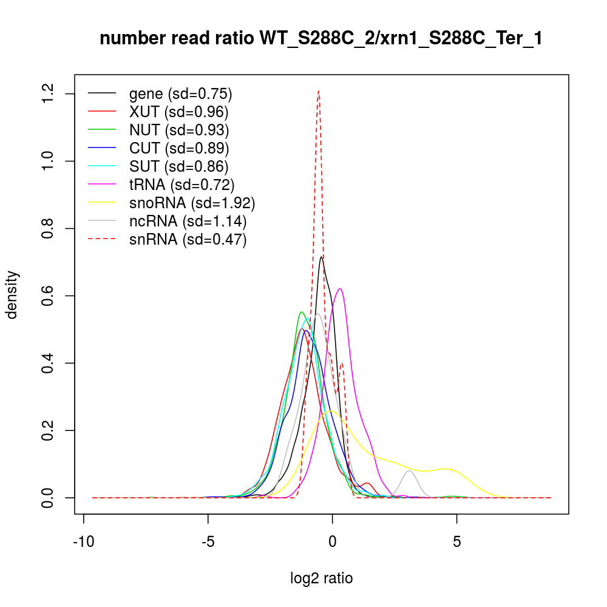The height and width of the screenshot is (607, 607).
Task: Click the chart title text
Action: (x=320, y=39)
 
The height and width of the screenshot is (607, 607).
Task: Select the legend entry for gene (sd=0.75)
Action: (x=181, y=94)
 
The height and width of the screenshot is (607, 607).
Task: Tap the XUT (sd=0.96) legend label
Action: (x=178, y=112)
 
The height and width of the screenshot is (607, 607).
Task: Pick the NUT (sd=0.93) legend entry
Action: (x=179, y=130)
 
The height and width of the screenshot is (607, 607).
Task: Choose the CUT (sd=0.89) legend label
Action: (x=179, y=148)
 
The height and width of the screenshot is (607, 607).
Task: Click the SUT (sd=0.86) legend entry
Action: (x=178, y=166)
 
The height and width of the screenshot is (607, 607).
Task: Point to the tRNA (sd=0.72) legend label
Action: (x=181, y=185)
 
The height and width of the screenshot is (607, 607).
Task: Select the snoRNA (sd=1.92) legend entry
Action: (x=192, y=203)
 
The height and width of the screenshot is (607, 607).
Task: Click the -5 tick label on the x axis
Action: (x=208, y=541)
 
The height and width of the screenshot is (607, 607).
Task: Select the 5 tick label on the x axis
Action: (x=456, y=541)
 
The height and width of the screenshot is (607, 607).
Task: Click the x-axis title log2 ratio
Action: (x=321, y=578)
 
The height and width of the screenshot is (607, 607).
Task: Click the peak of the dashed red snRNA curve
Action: (x=319, y=91)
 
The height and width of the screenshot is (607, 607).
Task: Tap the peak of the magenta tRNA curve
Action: (x=341, y=289)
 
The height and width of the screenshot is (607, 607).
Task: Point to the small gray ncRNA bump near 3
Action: (x=410, y=471)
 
